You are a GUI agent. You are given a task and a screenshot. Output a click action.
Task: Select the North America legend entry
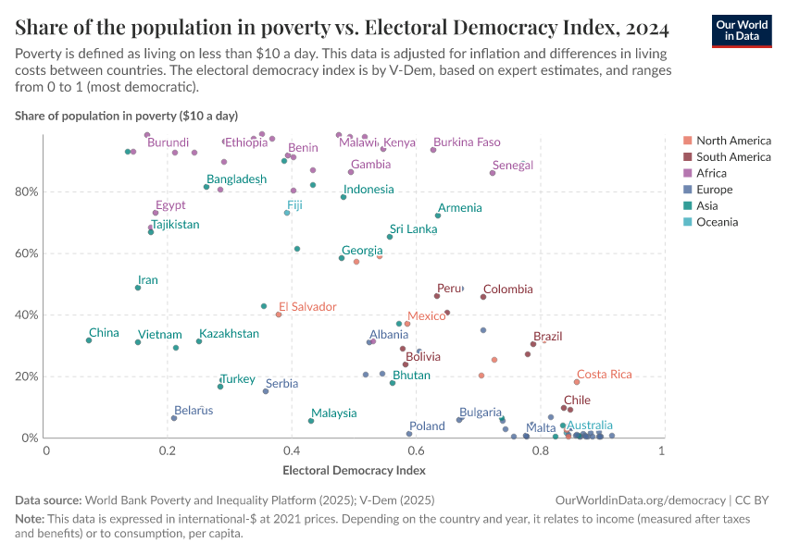tap(732, 141)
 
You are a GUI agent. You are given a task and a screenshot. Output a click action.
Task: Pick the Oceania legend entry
tap(718, 222)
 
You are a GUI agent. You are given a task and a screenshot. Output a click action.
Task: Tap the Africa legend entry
tap(714, 173)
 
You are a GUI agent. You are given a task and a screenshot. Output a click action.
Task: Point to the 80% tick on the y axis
tap(27, 191)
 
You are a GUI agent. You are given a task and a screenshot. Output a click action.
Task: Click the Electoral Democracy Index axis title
tap(354, 470)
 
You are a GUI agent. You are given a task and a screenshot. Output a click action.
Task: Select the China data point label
tap(104, 333)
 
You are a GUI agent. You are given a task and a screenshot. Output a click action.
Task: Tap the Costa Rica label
tap(604, 374)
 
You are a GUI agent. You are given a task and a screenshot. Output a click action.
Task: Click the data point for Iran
tap(138, 288)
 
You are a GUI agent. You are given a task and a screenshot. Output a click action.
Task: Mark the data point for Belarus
tap(174, 418)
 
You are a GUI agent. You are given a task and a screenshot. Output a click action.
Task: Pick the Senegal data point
tap(493, 173)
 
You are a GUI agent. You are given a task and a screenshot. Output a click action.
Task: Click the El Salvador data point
tap(279, 314)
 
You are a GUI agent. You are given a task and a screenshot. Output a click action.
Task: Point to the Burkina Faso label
tap(467, 142)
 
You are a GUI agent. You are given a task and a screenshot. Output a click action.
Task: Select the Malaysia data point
tap(311, 421)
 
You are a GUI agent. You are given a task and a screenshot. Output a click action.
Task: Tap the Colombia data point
tap(483, 297)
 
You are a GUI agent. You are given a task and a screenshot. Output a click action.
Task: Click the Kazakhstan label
tap(229, 334)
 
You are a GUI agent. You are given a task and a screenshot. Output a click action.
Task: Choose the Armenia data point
tap(438, 216)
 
